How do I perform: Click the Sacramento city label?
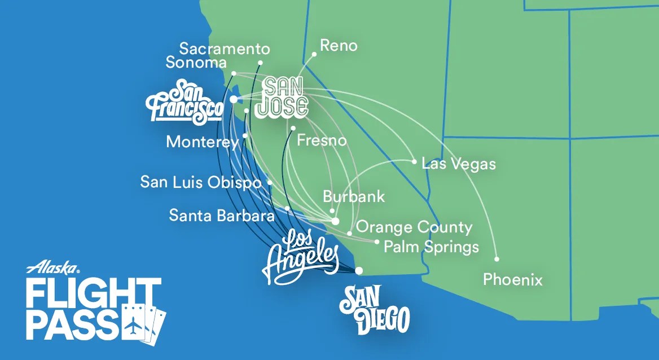click(225, 49)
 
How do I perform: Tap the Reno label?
click(339, 46)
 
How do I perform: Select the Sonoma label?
click(196, 63)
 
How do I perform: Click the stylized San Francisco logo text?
click(184, 102)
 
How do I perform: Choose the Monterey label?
click(202, 142)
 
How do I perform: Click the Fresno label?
click(321, 140)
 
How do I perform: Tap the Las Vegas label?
click(459, 164)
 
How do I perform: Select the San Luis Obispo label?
click(200, 183)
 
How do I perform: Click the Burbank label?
click(354, 196)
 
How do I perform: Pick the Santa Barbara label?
click(222, 215)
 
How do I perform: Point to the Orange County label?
click(414, 227)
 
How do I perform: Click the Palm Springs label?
click(431, 247)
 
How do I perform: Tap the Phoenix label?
click(513, 279)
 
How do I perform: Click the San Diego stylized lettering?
click(374, 311)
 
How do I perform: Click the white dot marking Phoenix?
click(497, 260)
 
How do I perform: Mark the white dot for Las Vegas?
click(414, 162)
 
